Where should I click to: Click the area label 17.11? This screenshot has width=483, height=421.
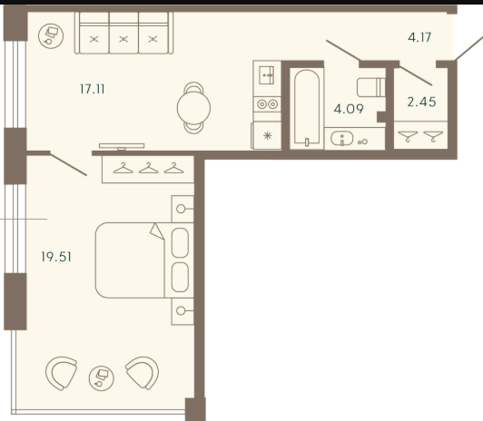tap(92, 89)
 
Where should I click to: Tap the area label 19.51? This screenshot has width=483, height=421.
tap(56, 257)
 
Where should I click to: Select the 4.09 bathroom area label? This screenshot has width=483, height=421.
tap(349, 109)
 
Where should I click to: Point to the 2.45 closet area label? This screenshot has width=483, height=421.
tap(421, 102)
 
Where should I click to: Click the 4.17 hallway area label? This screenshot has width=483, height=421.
tap(419, 37)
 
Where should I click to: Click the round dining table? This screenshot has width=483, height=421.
tap(193, 108)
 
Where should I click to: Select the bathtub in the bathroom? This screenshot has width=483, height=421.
tap(307, 107)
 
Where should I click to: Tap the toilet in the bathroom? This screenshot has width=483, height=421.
tap(370, 87)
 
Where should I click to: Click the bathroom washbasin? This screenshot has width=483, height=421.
tap(342, 139)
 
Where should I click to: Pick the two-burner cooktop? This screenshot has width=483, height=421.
tap(267, 104)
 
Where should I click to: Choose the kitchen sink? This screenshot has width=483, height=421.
tap(266, 75)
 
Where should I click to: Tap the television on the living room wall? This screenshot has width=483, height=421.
tap(122, 146)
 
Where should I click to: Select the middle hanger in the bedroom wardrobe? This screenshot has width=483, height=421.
tap(149, 168)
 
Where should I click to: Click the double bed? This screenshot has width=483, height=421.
tap(144, 260)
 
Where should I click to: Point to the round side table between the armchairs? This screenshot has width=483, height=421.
tap(102, 378)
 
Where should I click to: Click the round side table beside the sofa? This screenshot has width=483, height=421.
tap(51, 36)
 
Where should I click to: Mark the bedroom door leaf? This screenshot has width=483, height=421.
tap(68, 164)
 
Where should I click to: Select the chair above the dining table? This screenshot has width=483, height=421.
tap(193, 87)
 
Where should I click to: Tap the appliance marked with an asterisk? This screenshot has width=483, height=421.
tap(267, 135)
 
